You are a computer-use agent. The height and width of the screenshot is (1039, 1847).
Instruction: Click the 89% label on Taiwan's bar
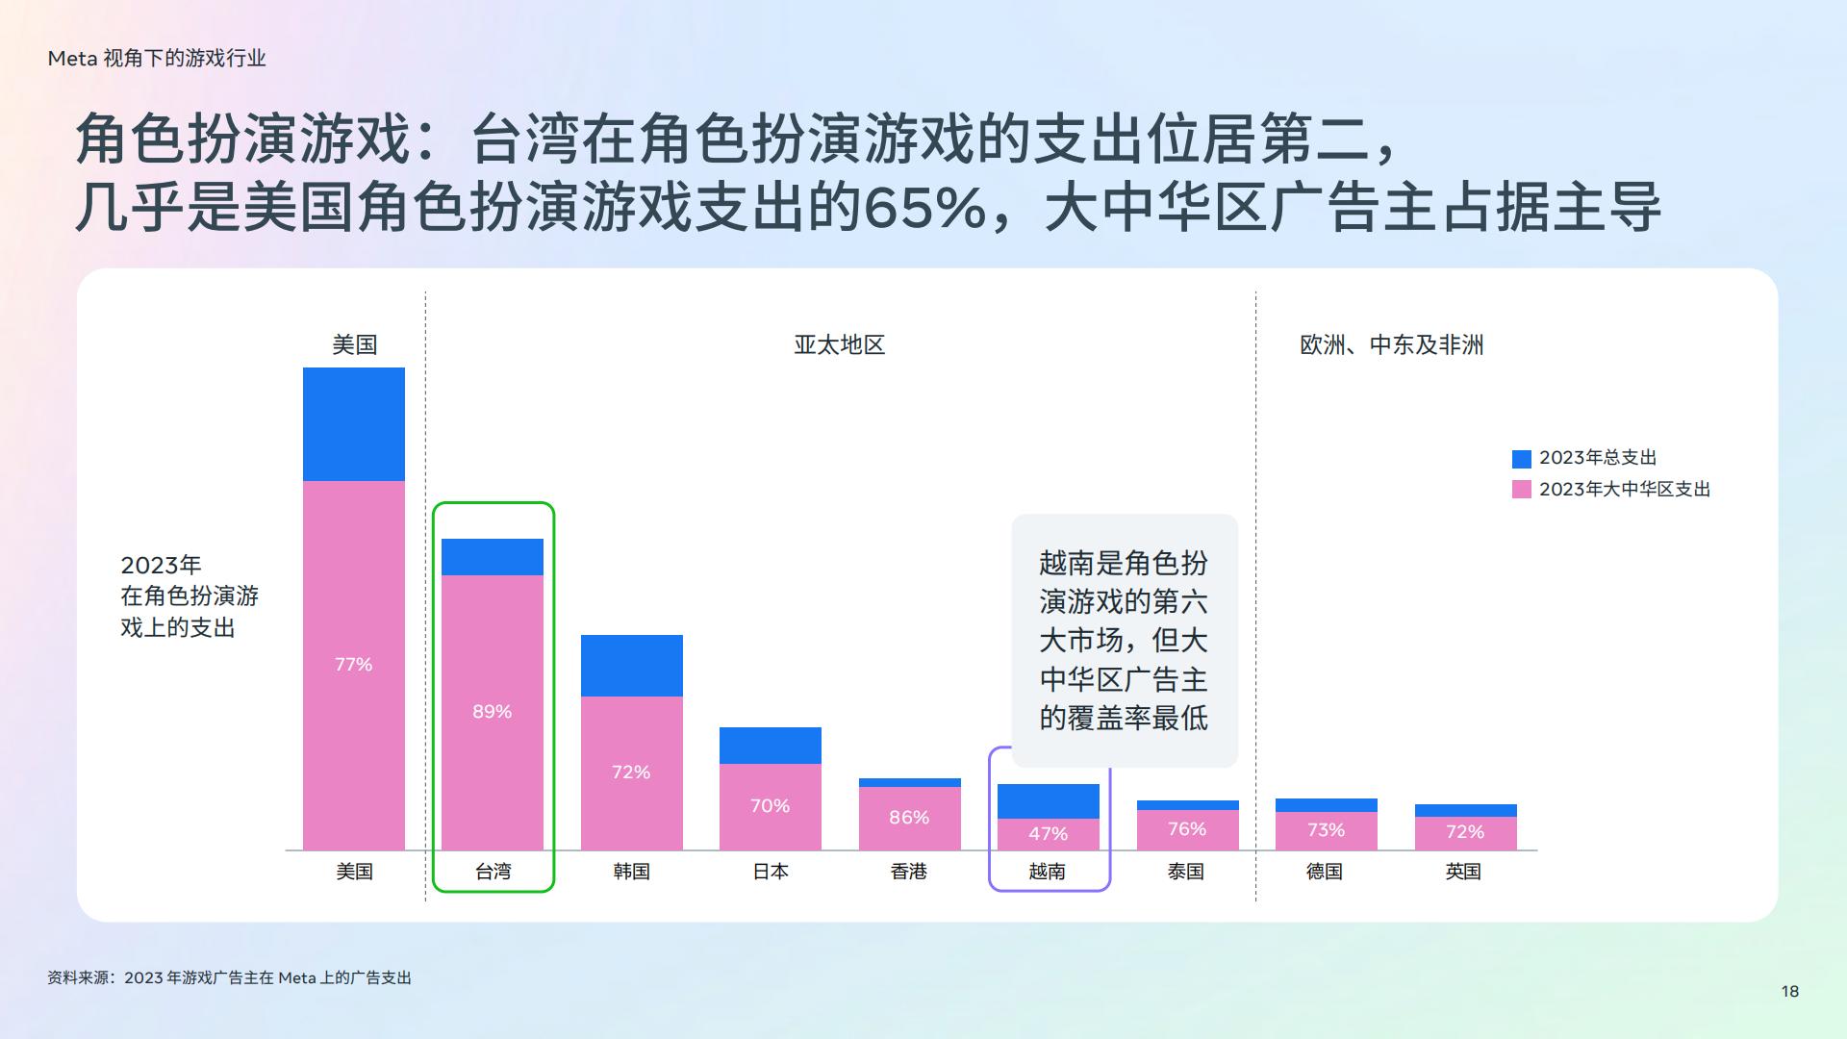[x=492, y=712]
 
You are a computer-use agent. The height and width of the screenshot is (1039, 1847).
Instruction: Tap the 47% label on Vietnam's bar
[x=1048, y=834]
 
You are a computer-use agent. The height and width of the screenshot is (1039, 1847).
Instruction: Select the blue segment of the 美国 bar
[x=354, y=424]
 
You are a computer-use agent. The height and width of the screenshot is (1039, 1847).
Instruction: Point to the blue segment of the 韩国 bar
[x=632, y=666]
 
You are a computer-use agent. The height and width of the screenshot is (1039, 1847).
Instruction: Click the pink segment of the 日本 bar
[x=771, y=807]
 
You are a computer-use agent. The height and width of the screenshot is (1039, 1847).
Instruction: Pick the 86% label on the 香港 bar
[x=909, y=818]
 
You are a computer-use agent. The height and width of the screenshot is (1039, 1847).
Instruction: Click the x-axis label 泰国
[x=1186, y=872]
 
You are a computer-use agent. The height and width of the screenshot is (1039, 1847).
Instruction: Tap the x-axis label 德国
[x=1325, y=872]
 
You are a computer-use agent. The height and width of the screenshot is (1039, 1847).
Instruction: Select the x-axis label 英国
[x=1463, y=872]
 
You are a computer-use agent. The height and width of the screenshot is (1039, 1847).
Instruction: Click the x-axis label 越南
[x=1048, y=872]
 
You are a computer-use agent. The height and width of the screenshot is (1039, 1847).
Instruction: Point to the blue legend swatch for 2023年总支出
[x=1522, y=459]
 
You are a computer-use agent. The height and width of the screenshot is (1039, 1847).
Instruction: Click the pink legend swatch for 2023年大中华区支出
[x=1522, y=490]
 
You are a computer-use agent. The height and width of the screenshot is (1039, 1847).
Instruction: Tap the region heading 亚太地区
[x=840, y=344]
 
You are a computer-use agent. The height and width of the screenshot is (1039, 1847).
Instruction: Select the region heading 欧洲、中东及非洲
[x=1392, y=344]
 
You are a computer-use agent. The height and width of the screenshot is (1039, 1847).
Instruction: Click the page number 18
[x=1790, y=992]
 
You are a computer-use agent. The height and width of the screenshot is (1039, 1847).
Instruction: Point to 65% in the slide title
[x=925, y=208]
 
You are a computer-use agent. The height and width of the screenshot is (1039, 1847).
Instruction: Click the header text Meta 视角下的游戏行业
[x=157, y=59]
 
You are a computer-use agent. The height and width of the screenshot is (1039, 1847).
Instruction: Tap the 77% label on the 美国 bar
[x=353, y=665]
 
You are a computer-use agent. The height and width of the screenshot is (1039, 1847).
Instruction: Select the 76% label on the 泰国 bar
[x=1187, y=829]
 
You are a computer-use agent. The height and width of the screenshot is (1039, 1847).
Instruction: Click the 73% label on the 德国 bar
[x=1326, y=830]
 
